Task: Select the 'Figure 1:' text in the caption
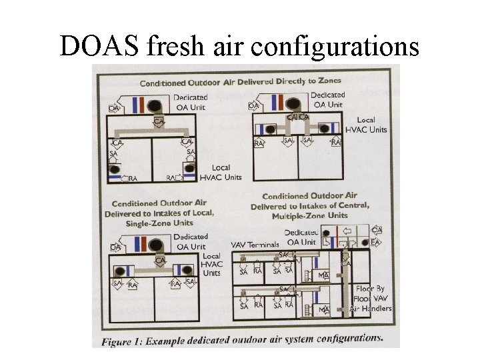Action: point(123,341)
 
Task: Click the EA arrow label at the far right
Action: point(375,243)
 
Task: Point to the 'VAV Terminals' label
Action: point(255,245)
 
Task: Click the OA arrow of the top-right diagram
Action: point(253,105)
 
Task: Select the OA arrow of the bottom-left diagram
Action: point(115,247)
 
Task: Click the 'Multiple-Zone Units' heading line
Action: point(309,216)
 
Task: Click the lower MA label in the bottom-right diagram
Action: point(324,310)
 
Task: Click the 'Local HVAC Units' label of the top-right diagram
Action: point(365,125)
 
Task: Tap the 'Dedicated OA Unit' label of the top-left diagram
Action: point(191,101)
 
